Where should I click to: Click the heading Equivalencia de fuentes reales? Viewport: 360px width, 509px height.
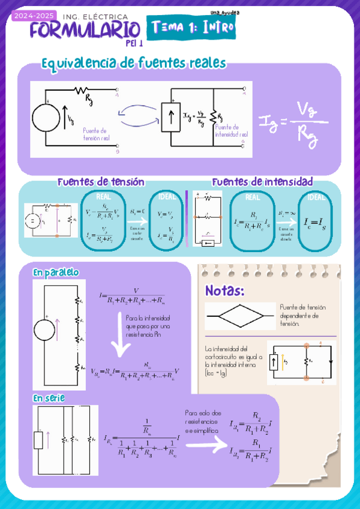pos(133,62)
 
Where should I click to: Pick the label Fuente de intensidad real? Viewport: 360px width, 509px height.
pos(231,131)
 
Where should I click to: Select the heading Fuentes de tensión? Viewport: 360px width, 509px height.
pos(100,182)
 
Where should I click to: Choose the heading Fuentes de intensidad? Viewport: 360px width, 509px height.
pos(262,181)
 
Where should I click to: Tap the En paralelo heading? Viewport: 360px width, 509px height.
pos(56,273)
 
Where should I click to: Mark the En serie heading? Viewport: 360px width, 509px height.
pos(49,397)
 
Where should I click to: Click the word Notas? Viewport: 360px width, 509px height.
pos(225,291)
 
